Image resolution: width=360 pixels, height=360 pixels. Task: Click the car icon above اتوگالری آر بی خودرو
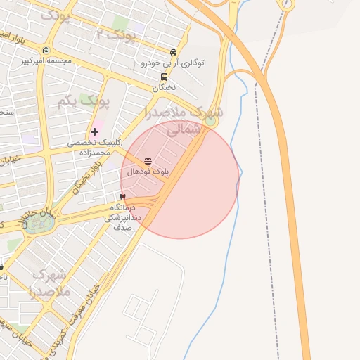[174, 52]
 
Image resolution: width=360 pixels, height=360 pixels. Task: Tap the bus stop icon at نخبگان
[164, 77]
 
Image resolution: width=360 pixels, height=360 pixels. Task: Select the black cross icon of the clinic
[94, 132]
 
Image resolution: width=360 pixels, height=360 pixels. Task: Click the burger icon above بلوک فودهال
[148, 161]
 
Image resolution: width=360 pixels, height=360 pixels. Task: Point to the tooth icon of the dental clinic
[123, 197]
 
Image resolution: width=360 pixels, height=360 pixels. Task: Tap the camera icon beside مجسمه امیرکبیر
[46, 50]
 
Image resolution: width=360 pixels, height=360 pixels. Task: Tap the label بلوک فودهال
[147, 172]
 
